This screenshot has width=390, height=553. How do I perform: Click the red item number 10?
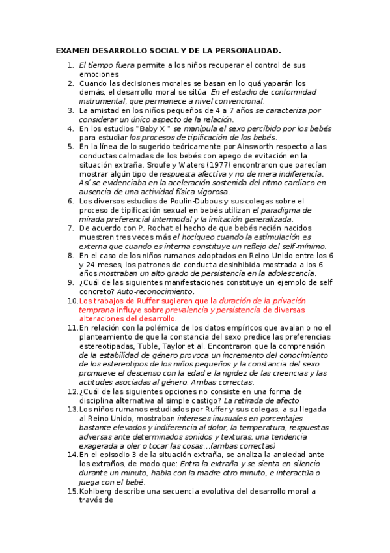[x=72, y=301]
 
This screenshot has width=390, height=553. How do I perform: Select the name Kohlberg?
[x=98, y=491]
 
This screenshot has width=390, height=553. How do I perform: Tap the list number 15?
[x=72, y=491]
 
